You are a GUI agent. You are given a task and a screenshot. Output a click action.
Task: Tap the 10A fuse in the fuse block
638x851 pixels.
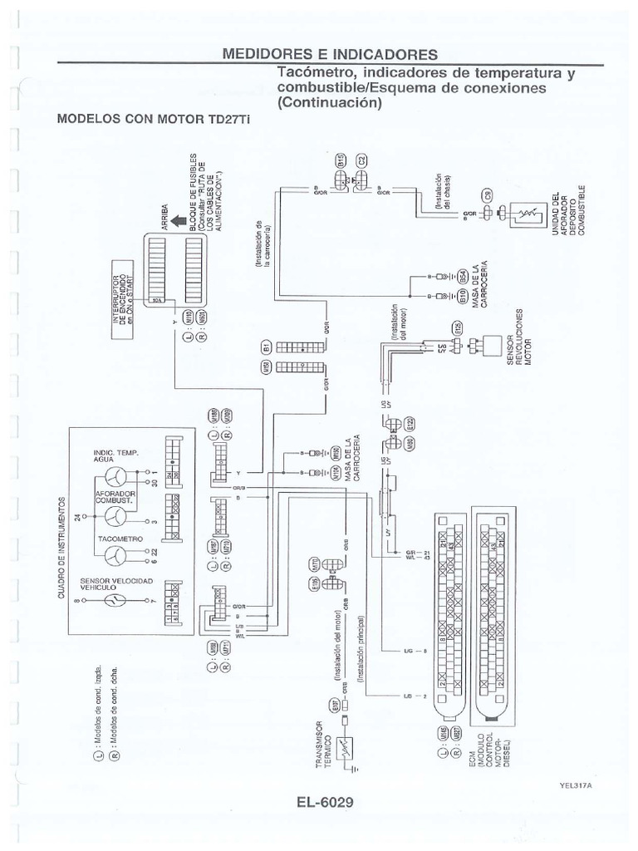157,299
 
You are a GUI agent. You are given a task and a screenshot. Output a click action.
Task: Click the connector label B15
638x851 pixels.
341,162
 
